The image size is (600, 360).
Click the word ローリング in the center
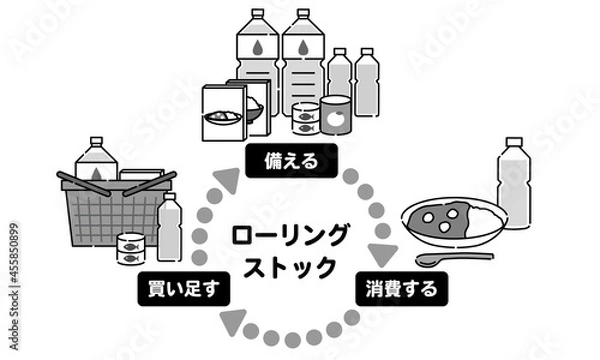click(291, 236)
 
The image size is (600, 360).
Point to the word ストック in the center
click(290, 265)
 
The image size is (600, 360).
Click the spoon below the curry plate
click(450, 259)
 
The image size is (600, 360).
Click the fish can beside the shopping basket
click(131, 248)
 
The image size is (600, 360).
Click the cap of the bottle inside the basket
click(96, 143)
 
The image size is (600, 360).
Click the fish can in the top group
click(305, 123)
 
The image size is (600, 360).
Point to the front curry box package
click(224, 114)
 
